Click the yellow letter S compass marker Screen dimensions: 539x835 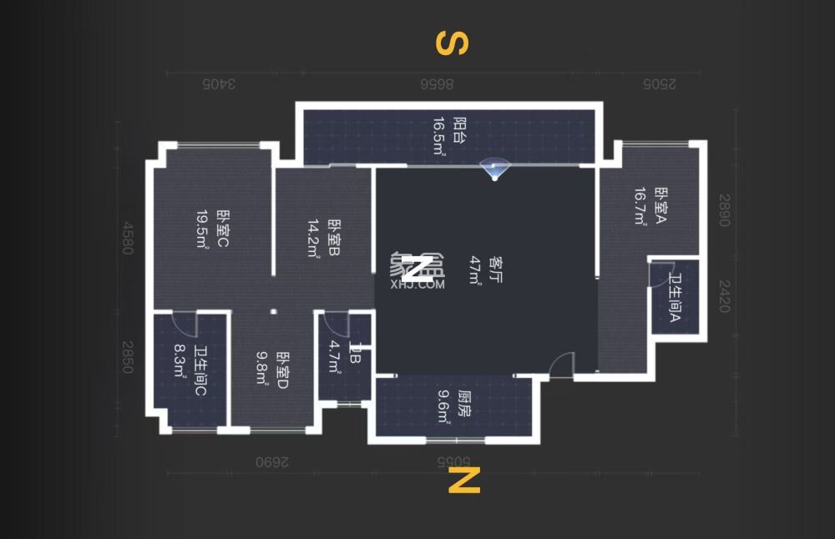click(452, 43)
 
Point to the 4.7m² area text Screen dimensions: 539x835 click(334, 360)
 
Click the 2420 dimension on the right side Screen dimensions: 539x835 click(724, 296)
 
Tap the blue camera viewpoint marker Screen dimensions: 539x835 click(496, 168)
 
